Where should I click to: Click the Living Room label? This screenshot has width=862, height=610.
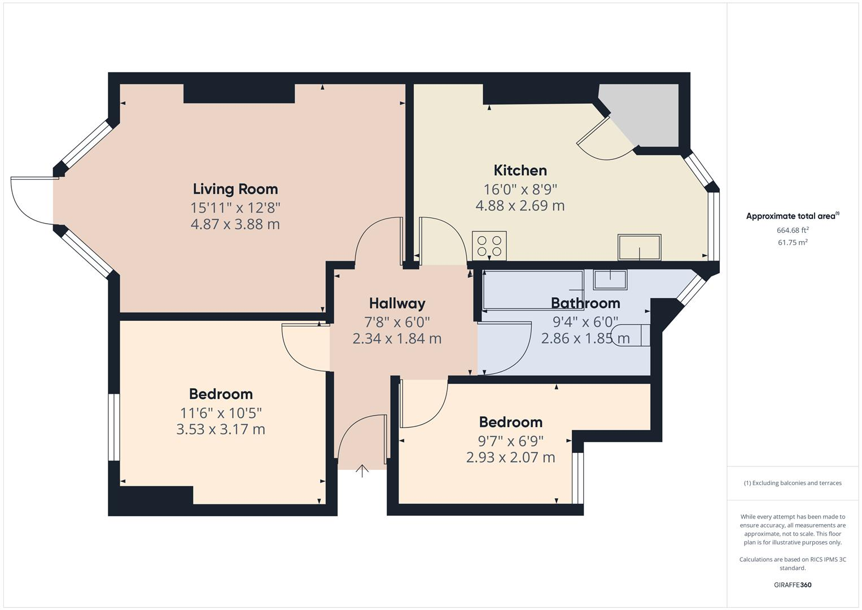pos(235,189)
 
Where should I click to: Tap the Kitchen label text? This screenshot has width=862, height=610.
pos(520,170)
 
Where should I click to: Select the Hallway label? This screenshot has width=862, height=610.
pos(397,303)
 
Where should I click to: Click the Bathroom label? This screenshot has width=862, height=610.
pos(585,303)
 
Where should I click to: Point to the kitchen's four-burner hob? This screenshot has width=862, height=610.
pos(489,246)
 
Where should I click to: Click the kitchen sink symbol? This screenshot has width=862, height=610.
pos(639,247)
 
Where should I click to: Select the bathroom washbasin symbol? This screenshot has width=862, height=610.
pos(610,280)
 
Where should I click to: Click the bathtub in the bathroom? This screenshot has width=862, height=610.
pos(533,290)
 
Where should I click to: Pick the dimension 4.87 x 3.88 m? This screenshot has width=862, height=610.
pos(235,224)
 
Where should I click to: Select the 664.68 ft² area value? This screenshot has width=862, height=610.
pos(793,230)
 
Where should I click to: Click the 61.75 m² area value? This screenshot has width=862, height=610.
pos(793,242)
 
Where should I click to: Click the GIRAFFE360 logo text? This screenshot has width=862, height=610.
pos(792,585)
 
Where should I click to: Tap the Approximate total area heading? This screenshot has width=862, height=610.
pos(792,216)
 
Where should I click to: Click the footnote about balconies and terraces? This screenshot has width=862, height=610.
pos(792,483)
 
